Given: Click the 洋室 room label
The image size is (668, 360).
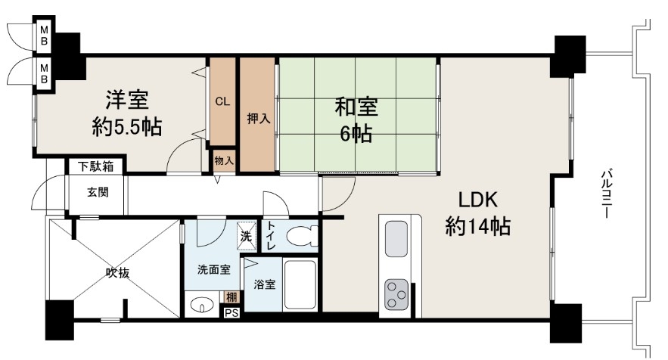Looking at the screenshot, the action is pos(127,100).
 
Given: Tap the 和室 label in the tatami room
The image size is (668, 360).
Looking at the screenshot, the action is pos(356,107).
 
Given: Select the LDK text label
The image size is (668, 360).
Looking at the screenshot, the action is pos(477,200).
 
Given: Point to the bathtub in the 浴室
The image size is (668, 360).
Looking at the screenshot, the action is pos(300,284).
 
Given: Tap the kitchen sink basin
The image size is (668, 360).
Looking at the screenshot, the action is pos(396,238).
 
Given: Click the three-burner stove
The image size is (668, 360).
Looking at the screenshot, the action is pos(396,294).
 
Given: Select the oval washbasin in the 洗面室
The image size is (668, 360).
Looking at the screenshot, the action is pos(201,305).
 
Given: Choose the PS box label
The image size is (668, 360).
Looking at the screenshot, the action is pos(232,313).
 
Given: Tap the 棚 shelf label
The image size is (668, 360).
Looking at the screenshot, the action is pos(231,296).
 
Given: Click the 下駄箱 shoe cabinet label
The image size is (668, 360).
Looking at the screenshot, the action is pos(96,166).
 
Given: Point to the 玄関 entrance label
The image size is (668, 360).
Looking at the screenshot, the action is pos(98,193).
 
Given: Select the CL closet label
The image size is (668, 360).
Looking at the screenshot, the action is pos(222,102).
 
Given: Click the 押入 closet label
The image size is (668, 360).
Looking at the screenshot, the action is pos(259,119).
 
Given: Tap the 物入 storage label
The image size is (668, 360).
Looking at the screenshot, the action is pos(224,160).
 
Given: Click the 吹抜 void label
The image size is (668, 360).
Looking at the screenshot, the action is pos(117,273).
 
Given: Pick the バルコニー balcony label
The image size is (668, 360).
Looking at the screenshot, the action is pos(607,194).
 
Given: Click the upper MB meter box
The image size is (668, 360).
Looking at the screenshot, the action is pos(43,36).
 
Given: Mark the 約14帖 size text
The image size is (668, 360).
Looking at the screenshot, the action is pos(478,226).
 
